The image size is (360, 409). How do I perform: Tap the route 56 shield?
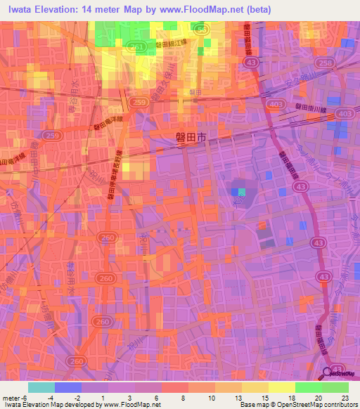coord(201,31)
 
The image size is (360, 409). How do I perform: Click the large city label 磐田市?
coord(191,140)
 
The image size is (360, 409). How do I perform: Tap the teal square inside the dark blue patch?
coord(243,191)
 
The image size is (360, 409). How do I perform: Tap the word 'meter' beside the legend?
coord(12,397)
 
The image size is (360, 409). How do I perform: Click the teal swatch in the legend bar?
coord(41,387)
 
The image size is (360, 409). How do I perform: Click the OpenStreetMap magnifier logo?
coord(327,373)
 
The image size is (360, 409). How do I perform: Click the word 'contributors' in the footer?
coord(337,405)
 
